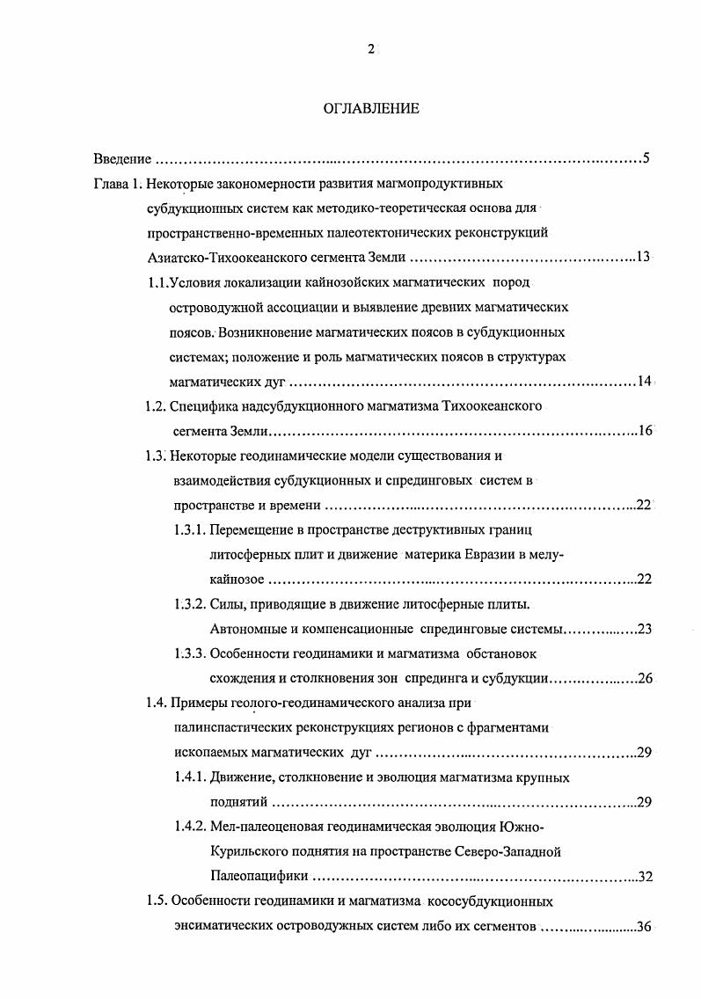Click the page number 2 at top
click(x=370, y=49)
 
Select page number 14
click(x=644, y=382)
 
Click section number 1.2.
click(x=156, y=406)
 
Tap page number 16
click(x=645, y=431)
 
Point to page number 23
click(x=642, y=630)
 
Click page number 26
click(x=643, y=679)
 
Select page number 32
click(x=643, y=876)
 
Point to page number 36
click(x=643, y=926)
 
